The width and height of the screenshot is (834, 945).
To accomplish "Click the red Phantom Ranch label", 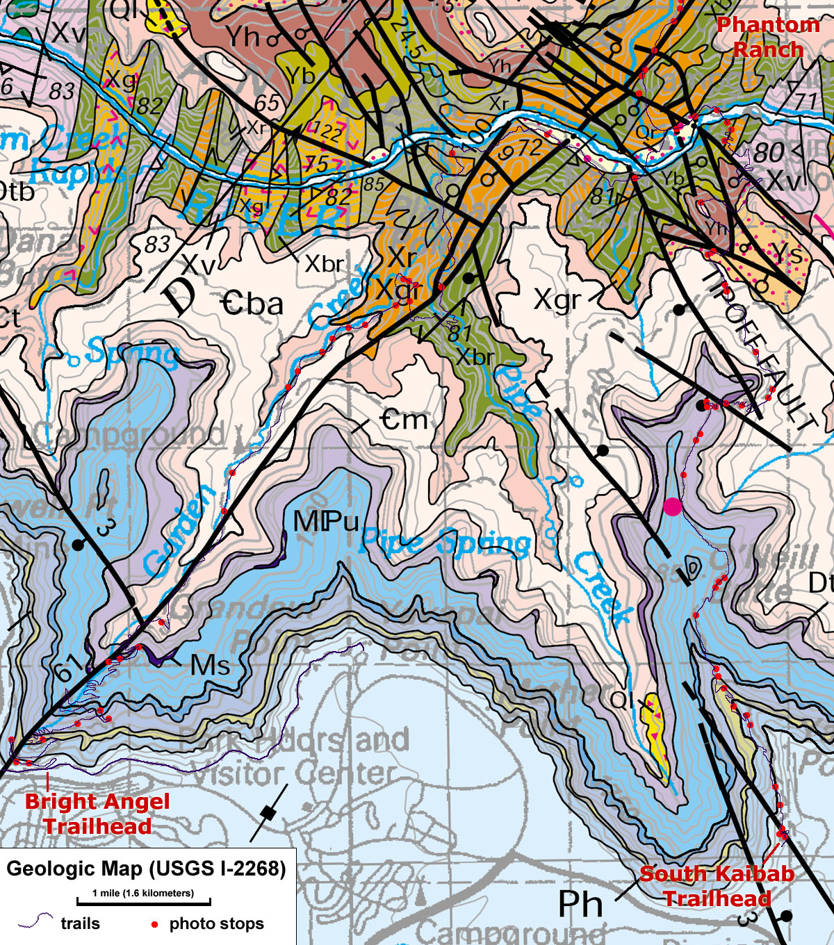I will [x=768, y=38].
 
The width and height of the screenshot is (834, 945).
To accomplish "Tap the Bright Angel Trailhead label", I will [x=97, y=814].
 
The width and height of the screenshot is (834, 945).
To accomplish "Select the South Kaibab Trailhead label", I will [x=717, y=886].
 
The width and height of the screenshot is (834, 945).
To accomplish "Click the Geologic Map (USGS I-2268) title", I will [x=146, y=869].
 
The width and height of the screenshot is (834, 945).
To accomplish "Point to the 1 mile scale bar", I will [x=143, y=902].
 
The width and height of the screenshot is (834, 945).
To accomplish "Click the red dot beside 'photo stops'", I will [x=154, y=924].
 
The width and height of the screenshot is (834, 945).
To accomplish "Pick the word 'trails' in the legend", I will [x=80, y=923].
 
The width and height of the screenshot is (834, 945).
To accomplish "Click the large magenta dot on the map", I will [x=672, y=507].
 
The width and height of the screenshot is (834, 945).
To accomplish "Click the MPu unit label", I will [x=326, y=521].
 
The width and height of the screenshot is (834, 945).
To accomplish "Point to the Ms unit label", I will [x=211, y=665].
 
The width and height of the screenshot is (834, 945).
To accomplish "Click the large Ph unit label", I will [x=580, y=904].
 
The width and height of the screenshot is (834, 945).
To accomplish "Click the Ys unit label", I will [x=787, y=254].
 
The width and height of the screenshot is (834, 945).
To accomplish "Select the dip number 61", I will [x=67, y=671].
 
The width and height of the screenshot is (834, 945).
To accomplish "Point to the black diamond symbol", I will [x=268, y=812].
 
